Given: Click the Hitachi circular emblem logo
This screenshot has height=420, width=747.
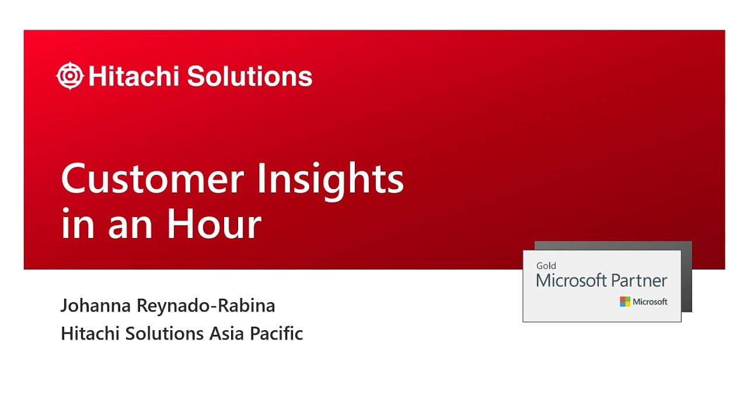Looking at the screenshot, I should point(71,76).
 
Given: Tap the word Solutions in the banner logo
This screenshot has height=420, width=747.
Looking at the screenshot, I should point(250,76).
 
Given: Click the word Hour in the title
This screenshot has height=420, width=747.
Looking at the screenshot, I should point(214,225).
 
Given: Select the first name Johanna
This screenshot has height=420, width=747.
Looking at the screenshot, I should point(95,306).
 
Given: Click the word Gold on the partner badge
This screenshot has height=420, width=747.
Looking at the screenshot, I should point(546,266).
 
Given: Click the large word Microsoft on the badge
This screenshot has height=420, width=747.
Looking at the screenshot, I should point(571,281).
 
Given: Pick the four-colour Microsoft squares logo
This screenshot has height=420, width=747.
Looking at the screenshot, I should point(625,302).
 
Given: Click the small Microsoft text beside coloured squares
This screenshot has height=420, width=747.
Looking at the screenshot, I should point(650,302).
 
